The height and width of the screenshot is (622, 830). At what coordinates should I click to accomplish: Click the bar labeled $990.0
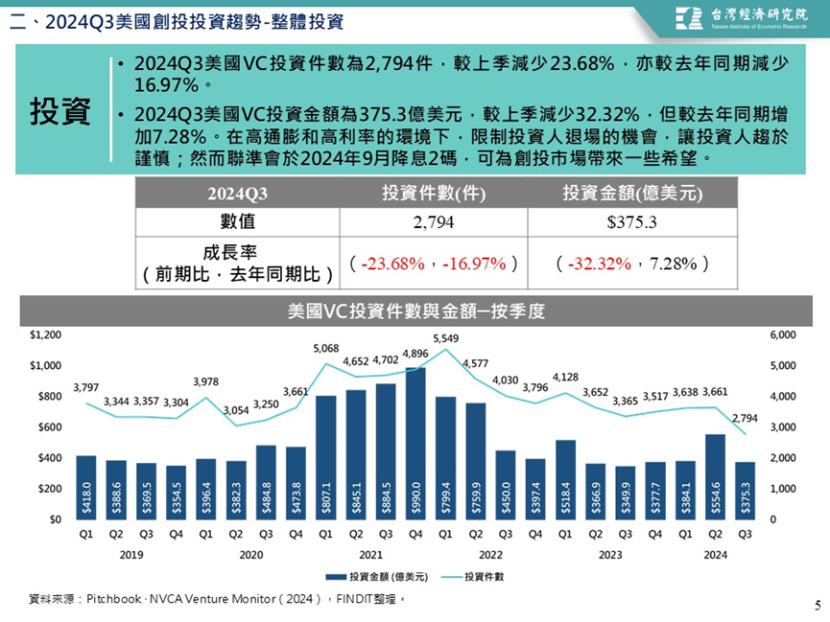[x=415, y=443]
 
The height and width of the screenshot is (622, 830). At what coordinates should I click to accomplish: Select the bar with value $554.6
[x=715, y=477]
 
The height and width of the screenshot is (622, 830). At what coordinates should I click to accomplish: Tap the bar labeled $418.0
[x=86, y=488]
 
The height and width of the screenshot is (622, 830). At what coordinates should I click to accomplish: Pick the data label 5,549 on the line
[x=445, y=338]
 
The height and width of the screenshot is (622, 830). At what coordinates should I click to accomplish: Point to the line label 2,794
[x=745, y=419]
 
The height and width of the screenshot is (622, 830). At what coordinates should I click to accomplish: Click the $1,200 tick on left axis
[x=45, y=334]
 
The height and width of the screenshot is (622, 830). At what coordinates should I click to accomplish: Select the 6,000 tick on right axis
[x=783, y=334]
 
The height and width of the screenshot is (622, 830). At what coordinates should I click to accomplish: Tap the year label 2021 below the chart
[x=370, y=555]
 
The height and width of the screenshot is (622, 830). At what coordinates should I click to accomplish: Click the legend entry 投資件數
[x=473, y=577]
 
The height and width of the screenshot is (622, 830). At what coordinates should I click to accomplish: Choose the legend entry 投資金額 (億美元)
[x=376, y=577]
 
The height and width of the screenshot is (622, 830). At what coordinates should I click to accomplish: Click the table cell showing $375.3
[x=632, y=222]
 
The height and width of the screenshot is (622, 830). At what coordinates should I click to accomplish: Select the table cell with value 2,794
[x=434, y=222]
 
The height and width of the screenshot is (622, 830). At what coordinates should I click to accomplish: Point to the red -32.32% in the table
[x=600, y=264]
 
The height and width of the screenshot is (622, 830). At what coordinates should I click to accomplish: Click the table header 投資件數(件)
[x=434, y=193]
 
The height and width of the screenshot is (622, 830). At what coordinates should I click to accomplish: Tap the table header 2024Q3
[x=237, y=194]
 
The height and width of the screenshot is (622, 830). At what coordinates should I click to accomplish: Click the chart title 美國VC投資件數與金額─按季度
[x=416, y=311]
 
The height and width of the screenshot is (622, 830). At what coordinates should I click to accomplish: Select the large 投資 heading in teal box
[x=59, y=111]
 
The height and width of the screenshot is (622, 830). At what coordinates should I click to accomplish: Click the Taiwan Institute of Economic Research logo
[x=741, y=18]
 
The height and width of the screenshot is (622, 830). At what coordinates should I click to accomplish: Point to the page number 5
[x=818, y=605]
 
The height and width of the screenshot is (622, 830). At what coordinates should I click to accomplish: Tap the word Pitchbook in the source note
[x=113, y=599]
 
